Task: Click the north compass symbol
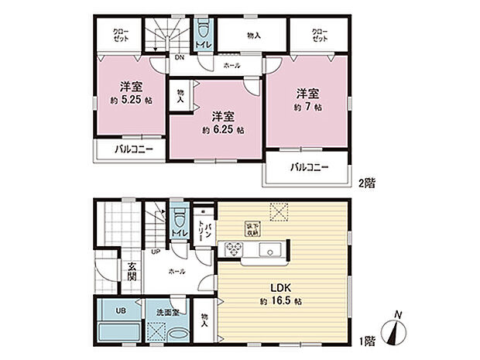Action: [398, 331]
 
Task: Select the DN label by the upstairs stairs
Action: [178, 57]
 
